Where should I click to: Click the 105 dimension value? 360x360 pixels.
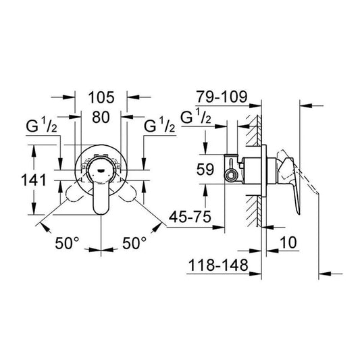(x=101, y=97)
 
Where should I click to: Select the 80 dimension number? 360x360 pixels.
(x=101, y=117)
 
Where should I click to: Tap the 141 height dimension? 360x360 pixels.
(x=34, y=180)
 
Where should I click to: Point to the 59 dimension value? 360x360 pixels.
(x=205, y=170)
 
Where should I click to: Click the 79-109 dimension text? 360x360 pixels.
(x=222, y=97)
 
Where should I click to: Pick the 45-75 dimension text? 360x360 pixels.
(x=190, y=216)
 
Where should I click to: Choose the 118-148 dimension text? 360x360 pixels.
(x=218, y=265)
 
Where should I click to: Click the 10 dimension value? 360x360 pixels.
(x=288, y=242)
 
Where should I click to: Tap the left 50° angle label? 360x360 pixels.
(x=67, y=242)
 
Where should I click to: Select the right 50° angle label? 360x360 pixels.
(x=134, y=242)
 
